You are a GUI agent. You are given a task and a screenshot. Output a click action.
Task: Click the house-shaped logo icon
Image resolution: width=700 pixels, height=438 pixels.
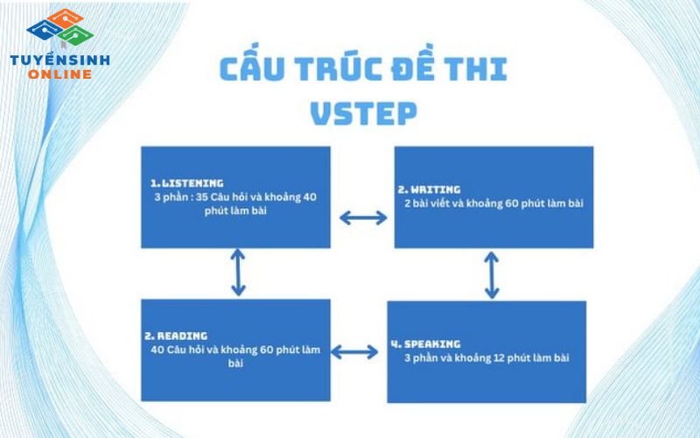coord(60,26)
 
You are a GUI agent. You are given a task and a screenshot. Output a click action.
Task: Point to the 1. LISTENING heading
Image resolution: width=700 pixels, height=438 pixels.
coord(186,183)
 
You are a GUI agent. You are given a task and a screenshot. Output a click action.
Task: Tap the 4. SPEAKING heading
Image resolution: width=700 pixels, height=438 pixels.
coord(425,343)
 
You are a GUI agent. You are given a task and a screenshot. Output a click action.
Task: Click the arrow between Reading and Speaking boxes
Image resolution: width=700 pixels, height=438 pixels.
coord(354,352)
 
